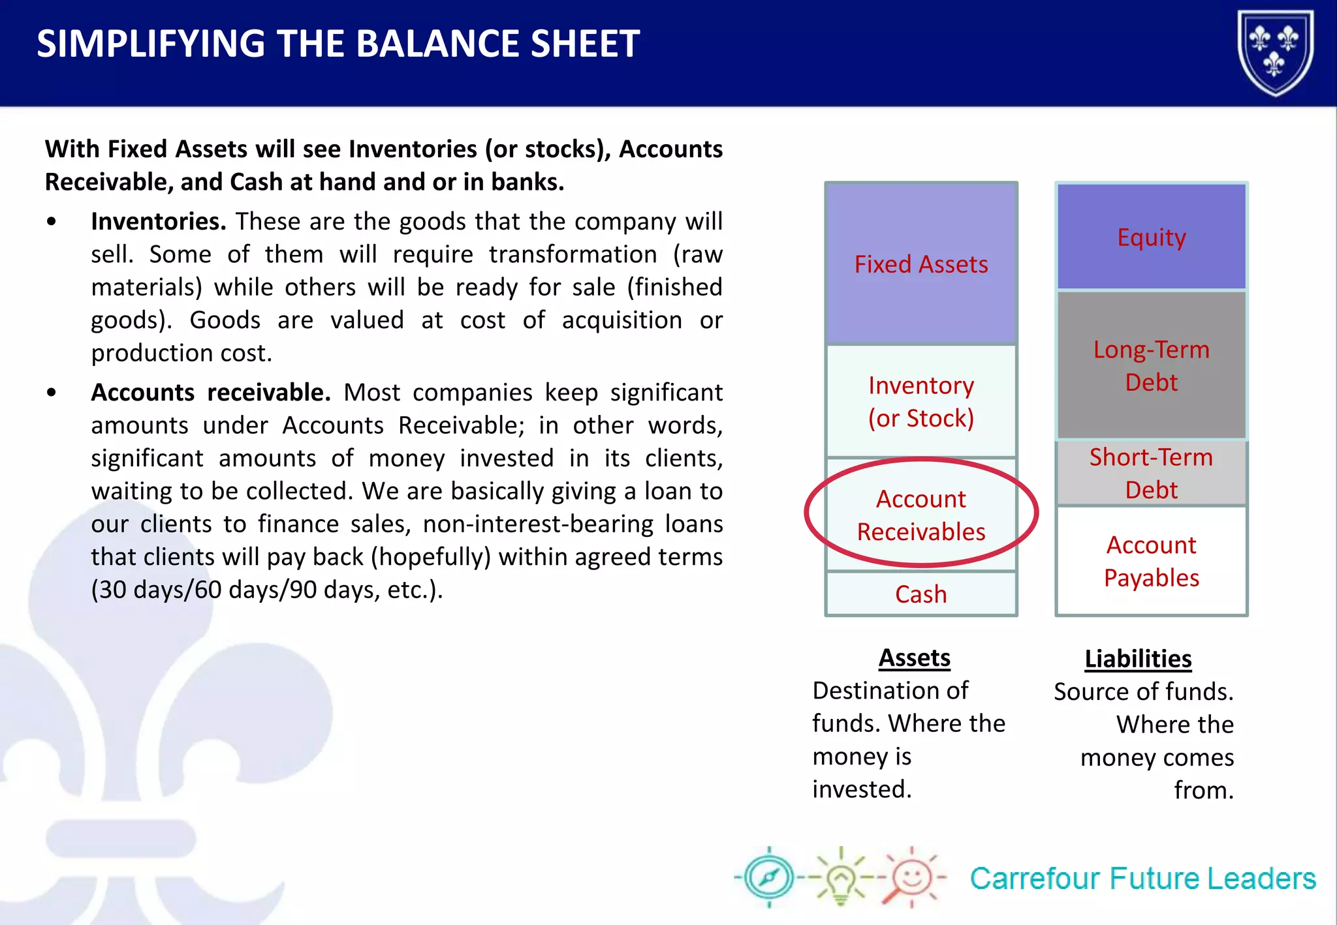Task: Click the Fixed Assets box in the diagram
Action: (920, 264)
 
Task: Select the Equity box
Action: (1151, 237)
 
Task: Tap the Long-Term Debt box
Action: (1151, 365)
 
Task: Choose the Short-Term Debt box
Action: (1151, 473)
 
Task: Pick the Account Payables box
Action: (1151, 561)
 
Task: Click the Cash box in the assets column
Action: (920, 594)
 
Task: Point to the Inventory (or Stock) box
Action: (920, 401)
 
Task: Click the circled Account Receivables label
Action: (920, 515)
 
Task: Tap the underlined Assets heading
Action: (914, 658)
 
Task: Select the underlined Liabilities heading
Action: (1138, 659)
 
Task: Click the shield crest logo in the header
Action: (1275, 52)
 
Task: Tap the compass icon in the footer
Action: (769, 877)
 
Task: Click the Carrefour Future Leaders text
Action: (1142, 879)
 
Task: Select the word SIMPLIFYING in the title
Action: (150, 44)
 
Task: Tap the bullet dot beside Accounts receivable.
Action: (52, 393)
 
